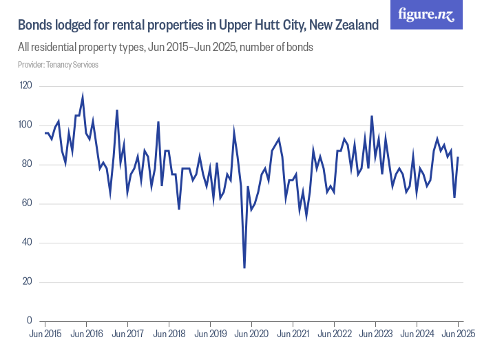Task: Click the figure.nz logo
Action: point(426,14)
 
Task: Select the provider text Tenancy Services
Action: point(72,65)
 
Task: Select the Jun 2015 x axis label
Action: point(45,334)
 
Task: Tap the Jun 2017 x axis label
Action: point(127,334)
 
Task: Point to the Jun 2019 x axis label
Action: point(210,334)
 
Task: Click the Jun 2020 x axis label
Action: point(251,334)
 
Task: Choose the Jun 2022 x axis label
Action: point(334,334)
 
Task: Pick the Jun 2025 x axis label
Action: point(458,334)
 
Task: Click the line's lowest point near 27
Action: point(244,268)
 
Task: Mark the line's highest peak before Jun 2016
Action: point(83,97)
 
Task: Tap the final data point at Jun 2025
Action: point(458,158)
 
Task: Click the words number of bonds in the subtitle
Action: point(281,48)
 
